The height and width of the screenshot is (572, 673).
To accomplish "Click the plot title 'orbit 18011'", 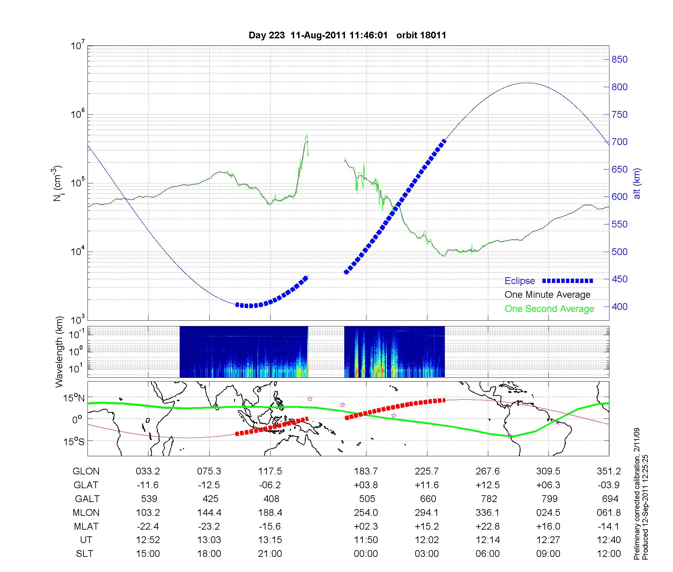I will [x=421, y=35].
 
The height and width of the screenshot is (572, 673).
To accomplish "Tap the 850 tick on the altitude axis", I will [x=619, y=60].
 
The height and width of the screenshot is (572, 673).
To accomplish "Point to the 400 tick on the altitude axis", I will [x=619, y=307].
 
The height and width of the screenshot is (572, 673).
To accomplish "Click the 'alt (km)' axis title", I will [x=637, y=183].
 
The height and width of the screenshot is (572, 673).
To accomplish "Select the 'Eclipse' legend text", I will [x=520, y=281].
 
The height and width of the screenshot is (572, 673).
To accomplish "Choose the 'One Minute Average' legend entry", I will [x=547, y=295].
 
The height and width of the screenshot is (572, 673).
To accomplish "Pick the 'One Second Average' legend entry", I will [x=549, y=309].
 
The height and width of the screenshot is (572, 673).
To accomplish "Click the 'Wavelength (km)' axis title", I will [x=59, y=352].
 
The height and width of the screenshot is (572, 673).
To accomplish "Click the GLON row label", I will [x=86, y=471].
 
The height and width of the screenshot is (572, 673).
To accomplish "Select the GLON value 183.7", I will [x=366, y=471].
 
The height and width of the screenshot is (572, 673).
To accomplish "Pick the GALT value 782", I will [x=489, y=499].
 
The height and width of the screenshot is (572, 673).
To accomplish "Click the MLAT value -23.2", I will [x=209, y=526].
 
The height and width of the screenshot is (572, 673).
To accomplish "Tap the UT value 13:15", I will [x=270, y=540].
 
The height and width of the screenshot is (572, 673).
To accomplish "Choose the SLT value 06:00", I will [x=488, y=554].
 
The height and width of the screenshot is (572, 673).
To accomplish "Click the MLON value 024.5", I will [x=548, y=512].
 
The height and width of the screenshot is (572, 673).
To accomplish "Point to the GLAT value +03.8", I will [x=366, y=485].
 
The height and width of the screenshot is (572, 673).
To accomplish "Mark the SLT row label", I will [x=84, y=554].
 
